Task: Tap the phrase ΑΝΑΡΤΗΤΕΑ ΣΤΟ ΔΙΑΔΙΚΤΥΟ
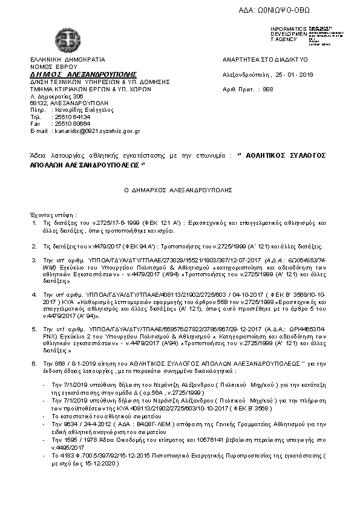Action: coord(266,60)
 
